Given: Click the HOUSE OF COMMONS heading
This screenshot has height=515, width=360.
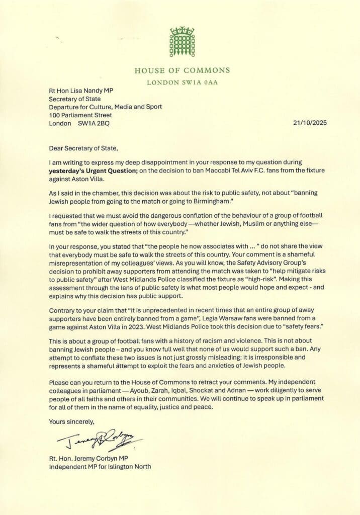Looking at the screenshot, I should coord(182,70).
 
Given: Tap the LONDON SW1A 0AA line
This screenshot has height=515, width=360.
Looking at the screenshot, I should coord(182,82).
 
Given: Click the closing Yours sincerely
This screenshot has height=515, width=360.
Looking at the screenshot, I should coord(72,421).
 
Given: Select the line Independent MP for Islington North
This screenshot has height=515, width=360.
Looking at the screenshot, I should coord(100,467).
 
